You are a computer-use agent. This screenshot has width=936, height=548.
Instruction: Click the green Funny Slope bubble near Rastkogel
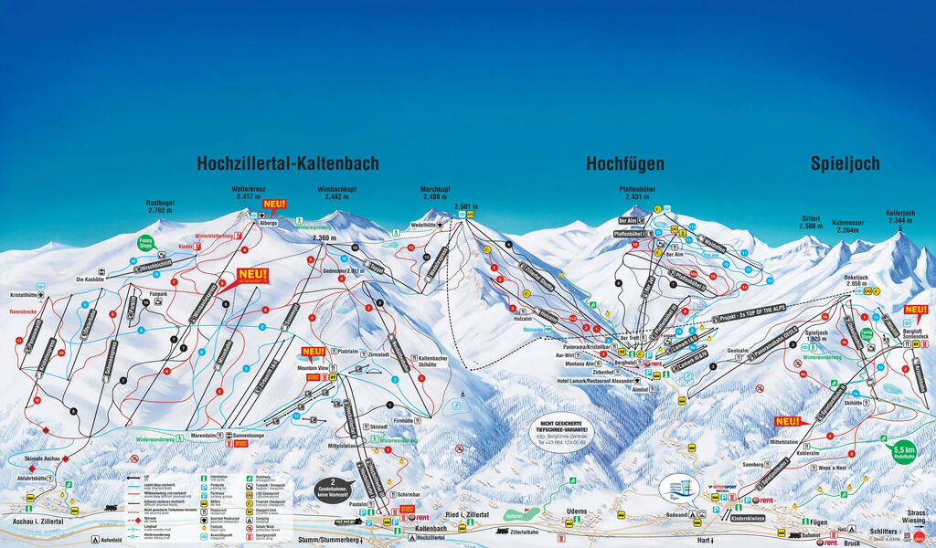point(144,243)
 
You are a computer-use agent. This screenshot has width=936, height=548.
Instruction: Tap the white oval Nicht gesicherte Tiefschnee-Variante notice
point(563,432)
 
